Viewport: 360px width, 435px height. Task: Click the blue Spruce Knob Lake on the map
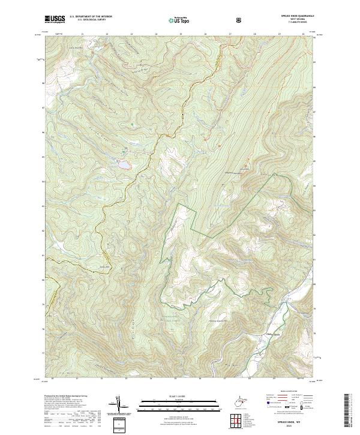coord(122,164)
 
